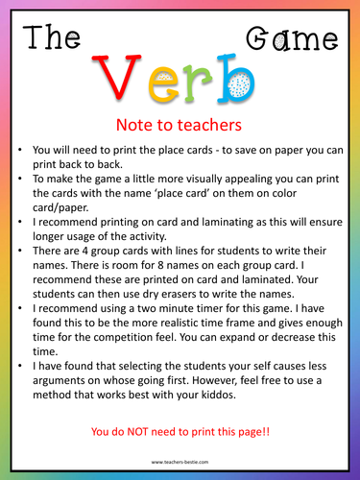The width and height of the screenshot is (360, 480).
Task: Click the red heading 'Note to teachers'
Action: [x=180, y=126]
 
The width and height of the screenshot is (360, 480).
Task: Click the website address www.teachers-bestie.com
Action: [x=180, y=463]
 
